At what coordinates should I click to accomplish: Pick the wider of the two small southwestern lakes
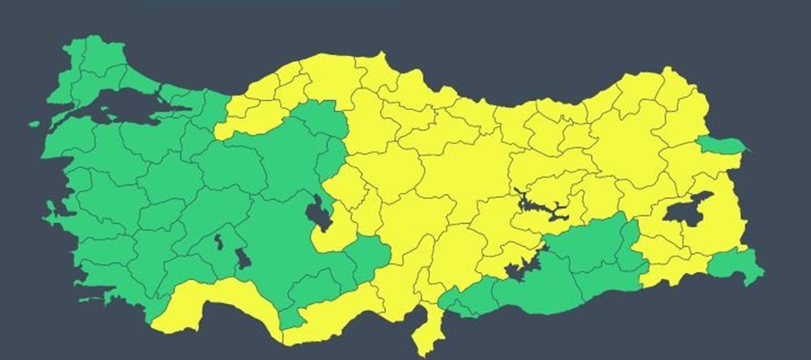[241, 259]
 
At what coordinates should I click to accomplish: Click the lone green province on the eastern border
[720, 144]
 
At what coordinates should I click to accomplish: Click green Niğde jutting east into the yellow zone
[368, 253]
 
